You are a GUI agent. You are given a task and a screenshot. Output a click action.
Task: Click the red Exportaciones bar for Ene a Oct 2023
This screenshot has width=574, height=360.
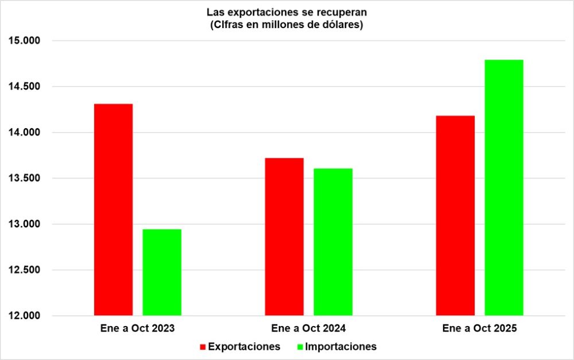tap(113, 210)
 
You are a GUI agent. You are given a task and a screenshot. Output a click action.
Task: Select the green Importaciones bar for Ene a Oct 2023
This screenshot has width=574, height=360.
tap(162, 272)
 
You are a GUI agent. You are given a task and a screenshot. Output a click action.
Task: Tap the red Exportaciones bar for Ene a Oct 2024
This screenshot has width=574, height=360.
tap(284, 237)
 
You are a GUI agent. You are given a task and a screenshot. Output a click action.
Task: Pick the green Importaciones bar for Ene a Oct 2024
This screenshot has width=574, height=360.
tap(333, 242)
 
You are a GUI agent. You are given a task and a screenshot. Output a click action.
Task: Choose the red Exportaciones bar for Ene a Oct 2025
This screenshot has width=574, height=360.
tap(455, 215)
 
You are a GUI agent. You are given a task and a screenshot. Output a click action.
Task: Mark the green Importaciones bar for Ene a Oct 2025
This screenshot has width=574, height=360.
tap(504, 187)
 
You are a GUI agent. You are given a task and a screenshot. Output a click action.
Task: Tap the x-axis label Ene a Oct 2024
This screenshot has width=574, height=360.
tap(308, 329)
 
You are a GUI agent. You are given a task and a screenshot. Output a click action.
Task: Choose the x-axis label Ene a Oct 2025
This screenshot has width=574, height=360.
tap(480, 329)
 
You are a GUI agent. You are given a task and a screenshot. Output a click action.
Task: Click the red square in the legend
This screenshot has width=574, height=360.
tap(203, 347)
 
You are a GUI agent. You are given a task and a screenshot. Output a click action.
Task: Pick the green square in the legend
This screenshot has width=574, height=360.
tap(300, 347)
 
